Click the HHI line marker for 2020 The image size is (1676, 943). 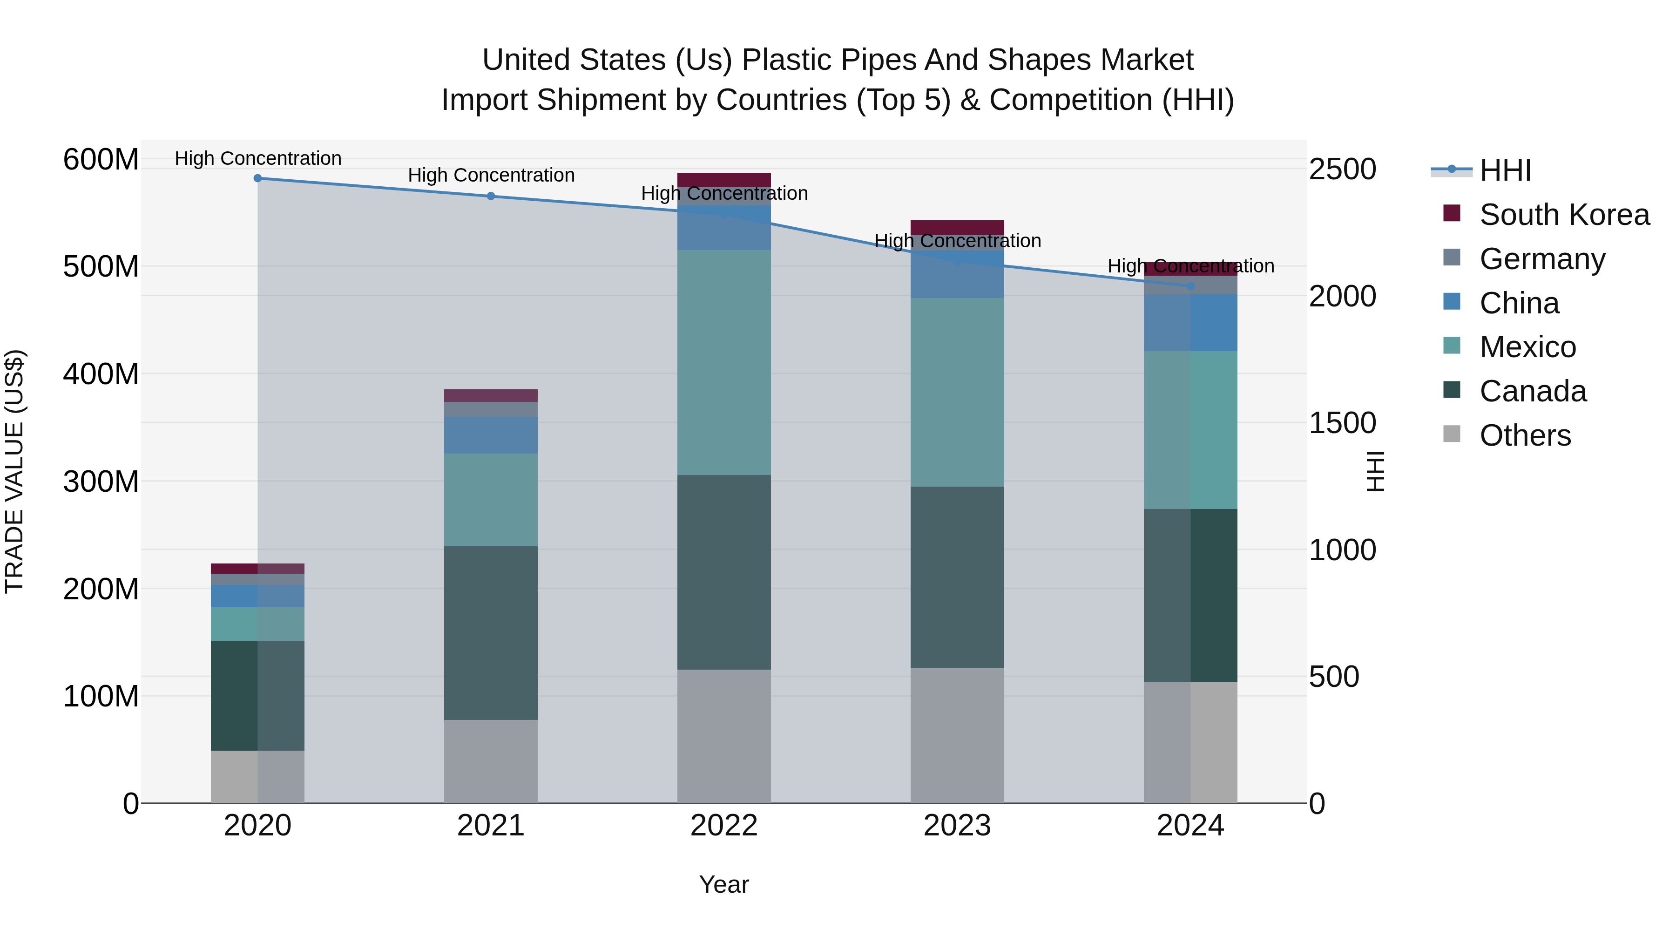pyautogui.click(x=257, y=178)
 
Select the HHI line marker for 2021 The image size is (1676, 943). pyautogui.click(x=491, y=196)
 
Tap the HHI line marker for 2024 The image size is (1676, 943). pyautogui.click(x=1190, y=286)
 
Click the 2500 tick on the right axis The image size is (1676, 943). pyautogui.click(x=1342, y=169)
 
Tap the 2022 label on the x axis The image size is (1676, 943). pyautogui.click(x=723, y=826)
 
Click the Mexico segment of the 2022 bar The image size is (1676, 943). pyautogui.click(x=723, y=362)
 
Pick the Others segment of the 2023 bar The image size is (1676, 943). pyautogui.click(x=957, y=735)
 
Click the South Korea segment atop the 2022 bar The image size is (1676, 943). pyautogui.click(x=723, y=180)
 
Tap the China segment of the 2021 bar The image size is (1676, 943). pyautogui.click(x=491, y=435)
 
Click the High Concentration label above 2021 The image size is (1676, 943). pyautogui.click(x=491, y=175)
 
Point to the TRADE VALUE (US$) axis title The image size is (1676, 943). pyautogui.click(x=14, y=471)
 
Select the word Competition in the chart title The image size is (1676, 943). pyautogui.click(x=1070, y=100)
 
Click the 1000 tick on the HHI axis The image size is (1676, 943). pyautogui.click(x=1342, y=550)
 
